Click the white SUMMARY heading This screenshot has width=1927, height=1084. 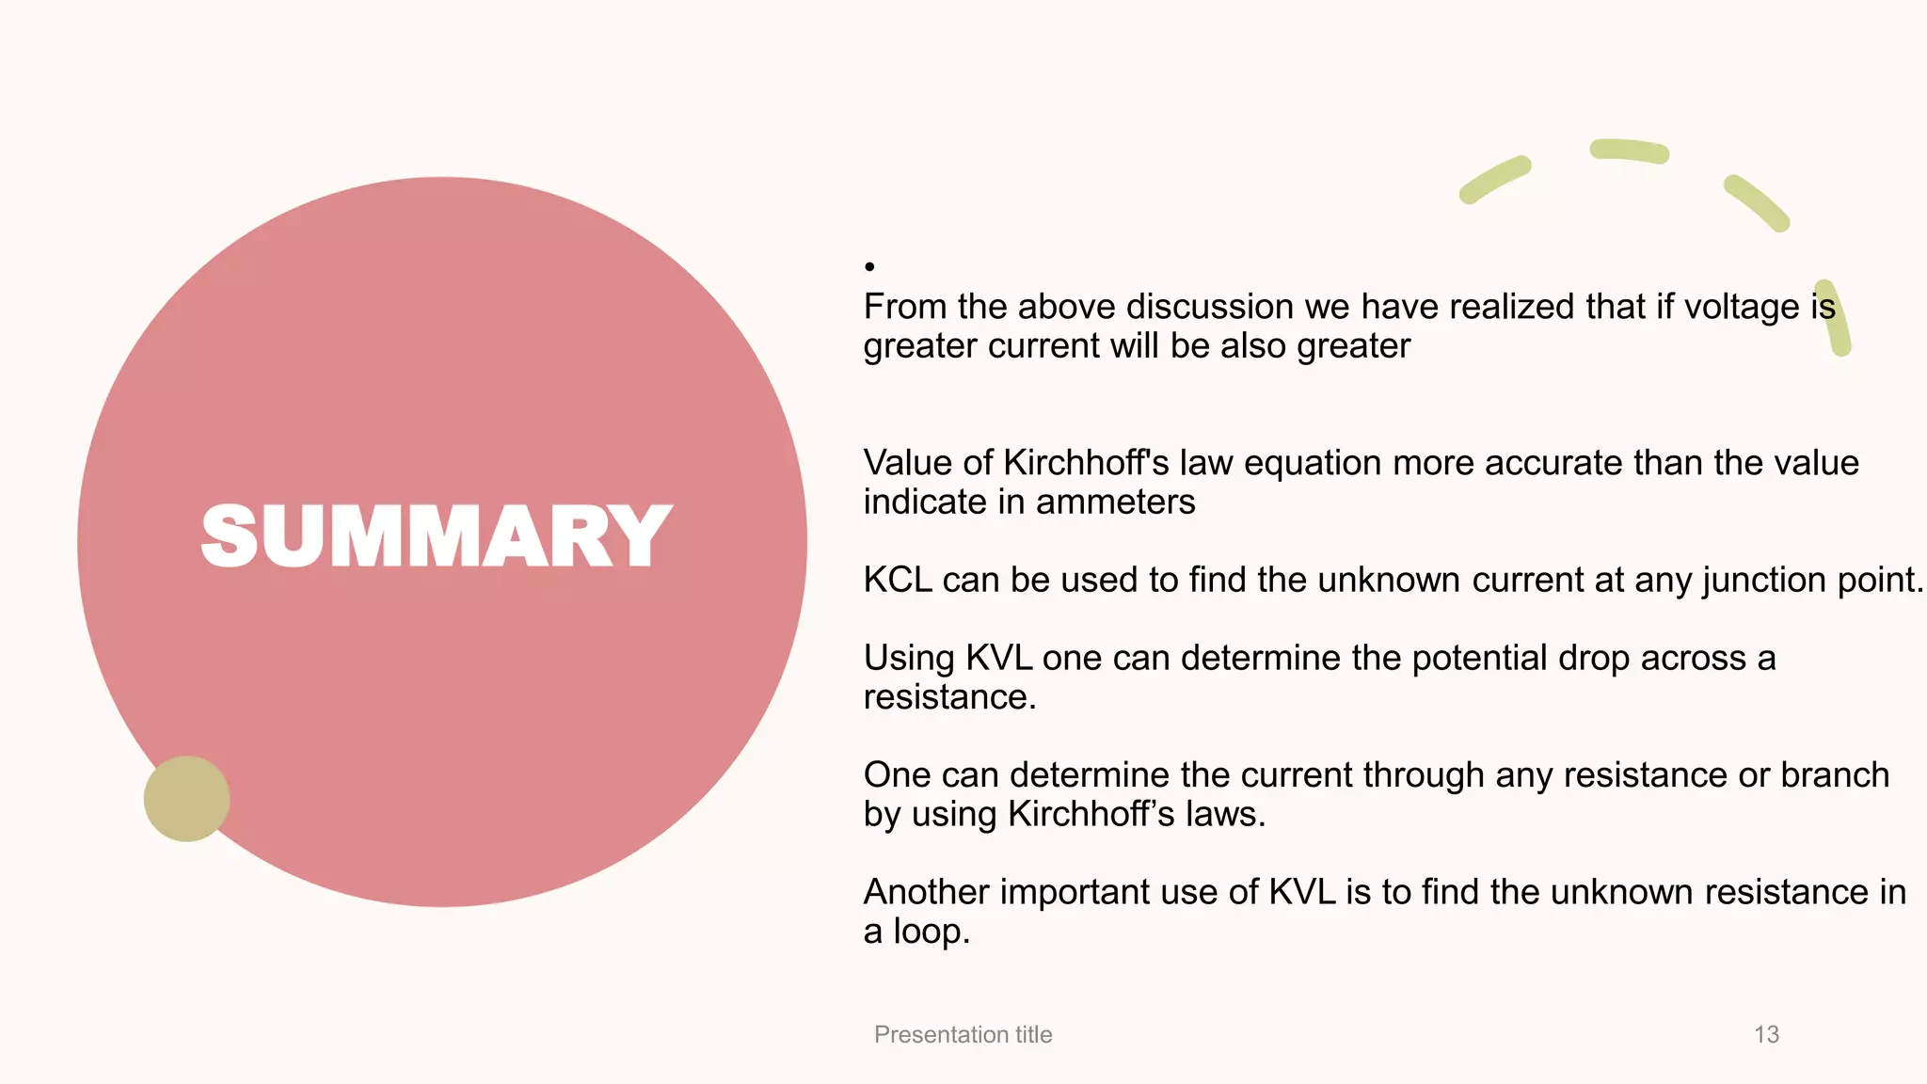coord(437,535)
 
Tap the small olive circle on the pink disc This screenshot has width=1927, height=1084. coord(186,798)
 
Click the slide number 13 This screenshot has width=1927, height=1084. coord(1766,1034)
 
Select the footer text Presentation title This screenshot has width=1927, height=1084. coord(963,1034)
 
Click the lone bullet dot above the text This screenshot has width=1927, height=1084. coord(869,267)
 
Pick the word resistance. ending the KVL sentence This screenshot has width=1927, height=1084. coord(949,697)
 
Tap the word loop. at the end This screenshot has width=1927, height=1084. coord(931,932)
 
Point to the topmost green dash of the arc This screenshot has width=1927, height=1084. coord(1629,151)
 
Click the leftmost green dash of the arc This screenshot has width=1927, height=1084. coord(1494,180)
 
